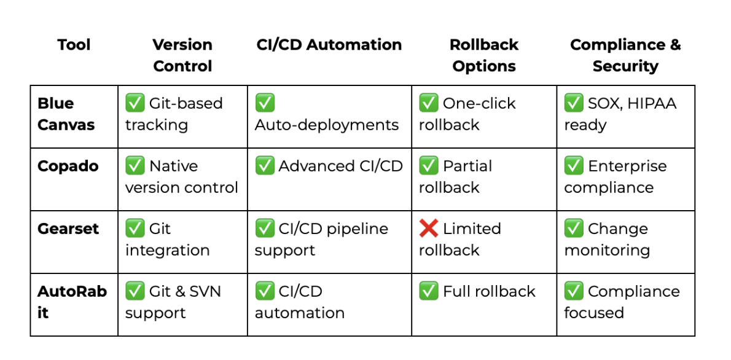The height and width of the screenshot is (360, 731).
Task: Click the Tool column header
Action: (74, 45)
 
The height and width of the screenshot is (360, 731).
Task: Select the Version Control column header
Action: (182, 55)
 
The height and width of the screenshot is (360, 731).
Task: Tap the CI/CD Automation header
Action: (329, 45)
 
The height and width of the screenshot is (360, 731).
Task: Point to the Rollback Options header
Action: (484, 55)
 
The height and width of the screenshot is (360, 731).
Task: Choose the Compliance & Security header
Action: (625, 55)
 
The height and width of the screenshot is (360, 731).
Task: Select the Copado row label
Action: (68, 166)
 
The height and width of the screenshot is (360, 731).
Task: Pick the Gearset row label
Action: (68, 229)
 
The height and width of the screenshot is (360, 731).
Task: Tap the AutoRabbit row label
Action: (72, 302)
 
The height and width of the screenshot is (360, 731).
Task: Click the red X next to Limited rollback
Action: (428, 229)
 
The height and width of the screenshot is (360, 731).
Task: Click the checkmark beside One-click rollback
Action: (428, 103)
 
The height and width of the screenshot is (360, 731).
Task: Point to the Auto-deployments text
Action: (326, 125)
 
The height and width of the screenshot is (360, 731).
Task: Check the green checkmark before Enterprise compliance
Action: (573, 166)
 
